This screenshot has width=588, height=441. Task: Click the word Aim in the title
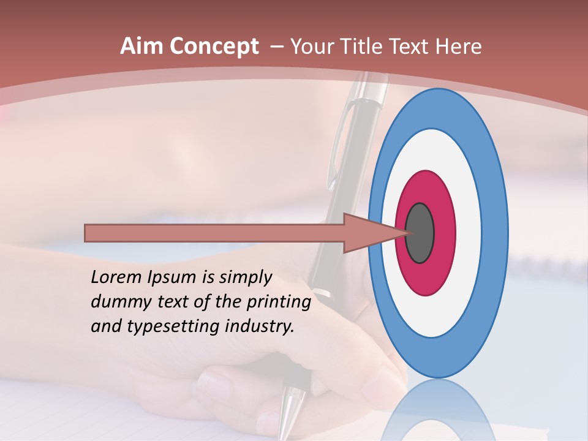(141, 47)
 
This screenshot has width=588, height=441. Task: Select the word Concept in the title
(214, 47)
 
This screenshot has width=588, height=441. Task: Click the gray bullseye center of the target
(420, 233)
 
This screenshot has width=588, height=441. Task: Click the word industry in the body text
(260, 326)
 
